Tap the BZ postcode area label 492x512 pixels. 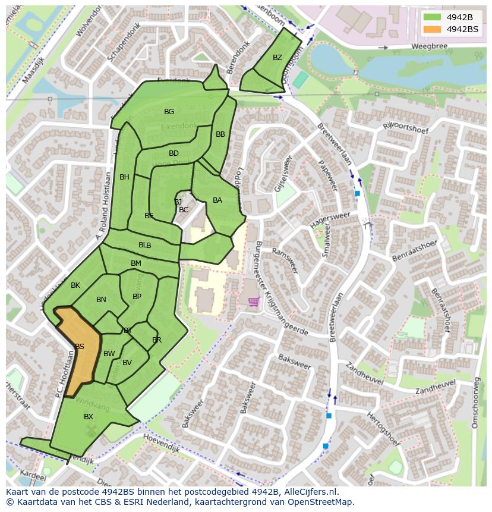[277, 58]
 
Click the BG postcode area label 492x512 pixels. [169, 112]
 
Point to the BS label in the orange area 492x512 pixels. [79, 347]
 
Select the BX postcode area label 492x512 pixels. [89, 417]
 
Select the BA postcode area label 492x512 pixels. [217, 200]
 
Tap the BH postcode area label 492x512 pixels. [124, 177]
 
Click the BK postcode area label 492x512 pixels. [75, 285]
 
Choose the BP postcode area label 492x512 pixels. [137, 297]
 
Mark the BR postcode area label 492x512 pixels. [157, 340]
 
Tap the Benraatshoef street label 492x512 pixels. [414, 252]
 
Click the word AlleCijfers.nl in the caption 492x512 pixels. [310, 492]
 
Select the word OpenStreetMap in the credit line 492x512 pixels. [319, 502]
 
